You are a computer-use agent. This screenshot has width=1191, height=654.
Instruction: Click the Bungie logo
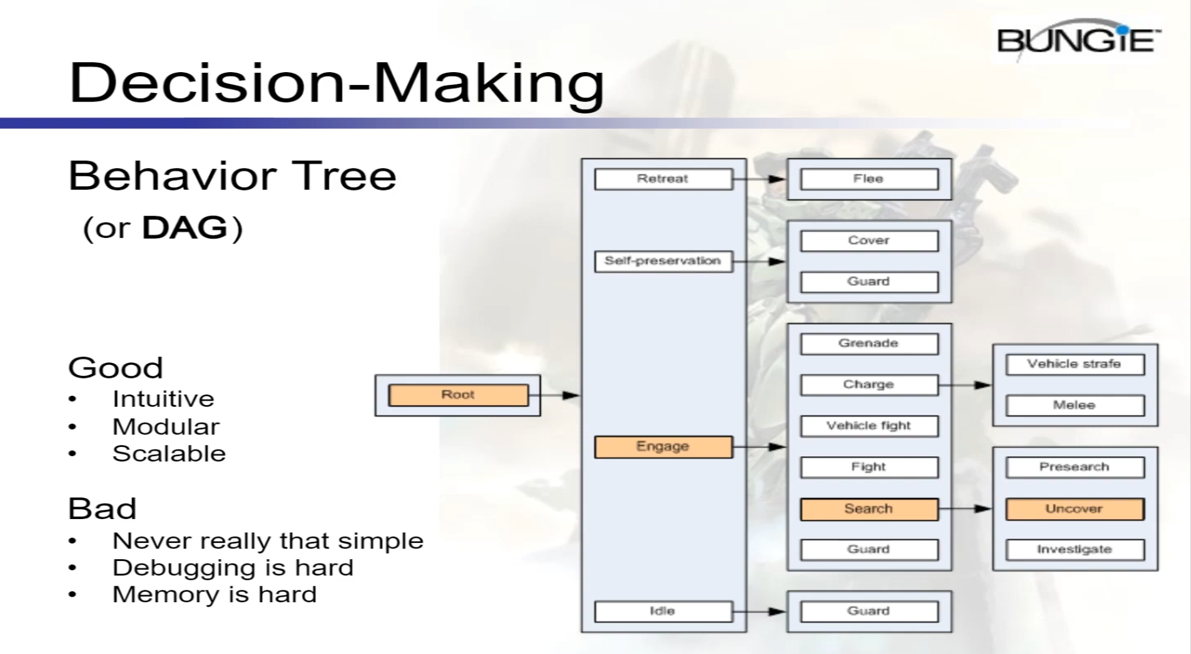click(x=1078, y=41)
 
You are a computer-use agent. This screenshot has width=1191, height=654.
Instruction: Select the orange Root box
click(x=458, y=395)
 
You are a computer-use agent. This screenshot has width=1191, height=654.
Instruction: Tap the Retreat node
click(x=663, y=179)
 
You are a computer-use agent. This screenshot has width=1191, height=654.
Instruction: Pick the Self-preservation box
click(x=663, y=261)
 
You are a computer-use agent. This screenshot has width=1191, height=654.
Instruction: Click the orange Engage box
click(x=663, y=446)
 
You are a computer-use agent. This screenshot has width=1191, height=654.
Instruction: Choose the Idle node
click(x=663, y=611)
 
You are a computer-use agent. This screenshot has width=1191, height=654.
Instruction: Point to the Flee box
click(x=869, y=179)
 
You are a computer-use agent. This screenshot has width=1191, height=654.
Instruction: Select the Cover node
click(x=869, y=240)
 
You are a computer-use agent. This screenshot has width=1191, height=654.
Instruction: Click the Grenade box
click(x=869, y=343)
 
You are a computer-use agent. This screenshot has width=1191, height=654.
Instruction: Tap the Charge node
click(x=869, y=385)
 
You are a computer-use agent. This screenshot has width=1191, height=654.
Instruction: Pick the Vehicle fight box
click(x=869, y=426)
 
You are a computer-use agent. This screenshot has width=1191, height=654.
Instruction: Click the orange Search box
click(x=869, y=509)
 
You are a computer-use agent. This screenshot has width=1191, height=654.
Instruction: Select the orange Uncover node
click(x=1074, y=509)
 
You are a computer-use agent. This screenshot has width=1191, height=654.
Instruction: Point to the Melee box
click(x=1074, y=405)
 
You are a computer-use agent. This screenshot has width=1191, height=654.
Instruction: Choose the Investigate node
click(x=1074, y=549)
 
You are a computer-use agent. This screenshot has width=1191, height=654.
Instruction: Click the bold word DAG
click(x=185, y=227)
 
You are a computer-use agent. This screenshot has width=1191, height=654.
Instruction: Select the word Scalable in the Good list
click(x=169, y=454)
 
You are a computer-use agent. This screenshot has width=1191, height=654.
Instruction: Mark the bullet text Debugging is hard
click(x=233, y=568)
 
